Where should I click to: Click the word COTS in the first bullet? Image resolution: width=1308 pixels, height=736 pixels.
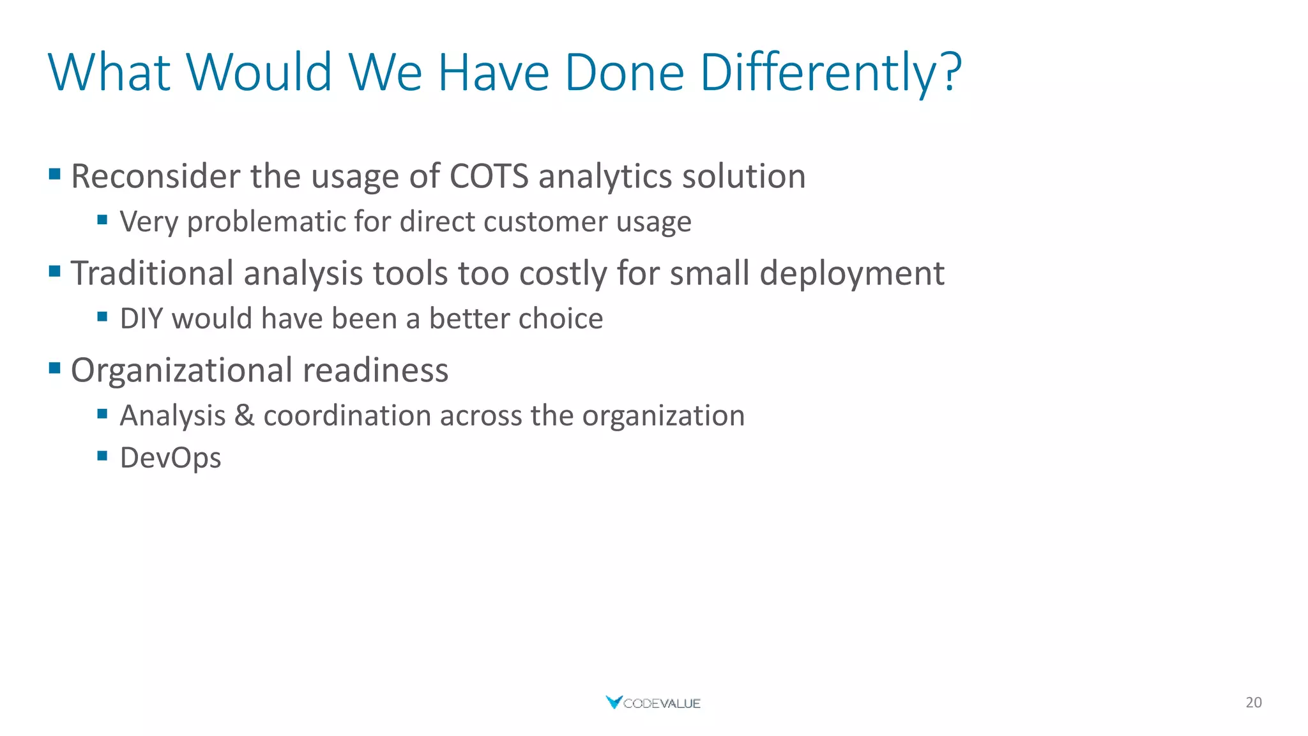489,176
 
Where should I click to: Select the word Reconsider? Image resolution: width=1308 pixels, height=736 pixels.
155,176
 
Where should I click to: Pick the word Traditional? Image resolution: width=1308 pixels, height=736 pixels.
152,273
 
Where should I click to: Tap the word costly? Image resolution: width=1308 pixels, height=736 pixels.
563,273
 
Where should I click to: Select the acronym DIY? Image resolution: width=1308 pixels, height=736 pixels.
141,319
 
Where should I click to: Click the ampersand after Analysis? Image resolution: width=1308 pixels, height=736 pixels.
245,416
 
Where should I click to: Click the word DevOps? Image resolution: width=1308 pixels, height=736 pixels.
171,458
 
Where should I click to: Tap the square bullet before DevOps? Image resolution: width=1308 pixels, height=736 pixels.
102,456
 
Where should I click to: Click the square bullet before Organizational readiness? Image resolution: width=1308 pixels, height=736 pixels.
54,367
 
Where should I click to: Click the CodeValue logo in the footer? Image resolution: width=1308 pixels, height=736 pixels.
653,703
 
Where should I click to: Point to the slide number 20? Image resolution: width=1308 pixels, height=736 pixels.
1253,703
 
